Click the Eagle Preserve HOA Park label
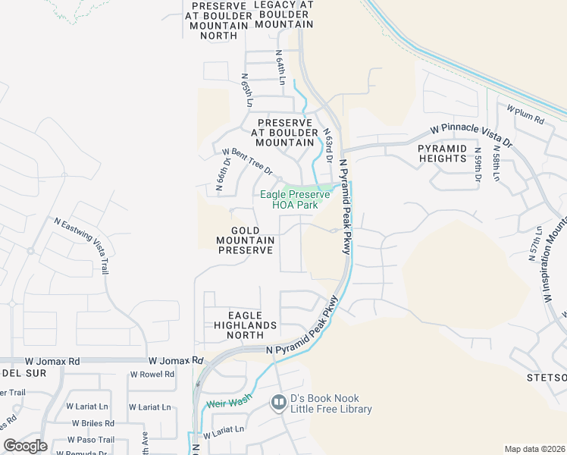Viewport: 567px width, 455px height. [295, 199]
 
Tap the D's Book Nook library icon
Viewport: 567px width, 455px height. [278, 402]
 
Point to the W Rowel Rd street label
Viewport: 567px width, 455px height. [152, 375]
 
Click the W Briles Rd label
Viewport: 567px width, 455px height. [93, 423]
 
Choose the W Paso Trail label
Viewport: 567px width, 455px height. [91, 440]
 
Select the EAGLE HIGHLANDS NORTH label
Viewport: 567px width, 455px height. [244, 325]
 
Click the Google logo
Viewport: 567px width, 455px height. [26, 446]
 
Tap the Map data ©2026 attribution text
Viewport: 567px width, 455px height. [534, 449]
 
